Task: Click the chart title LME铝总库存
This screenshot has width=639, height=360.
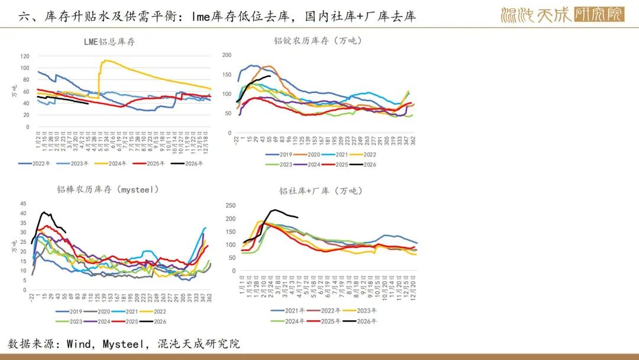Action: click(109, 42)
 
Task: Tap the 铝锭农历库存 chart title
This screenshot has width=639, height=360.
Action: click(318, 41)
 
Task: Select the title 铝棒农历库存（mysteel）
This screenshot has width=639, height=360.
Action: click(108, 189)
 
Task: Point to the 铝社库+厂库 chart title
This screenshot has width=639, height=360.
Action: click(321, 191)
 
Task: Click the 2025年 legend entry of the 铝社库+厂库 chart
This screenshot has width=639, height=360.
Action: click(329, 321)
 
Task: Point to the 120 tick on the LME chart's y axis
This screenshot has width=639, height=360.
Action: click(24, 56)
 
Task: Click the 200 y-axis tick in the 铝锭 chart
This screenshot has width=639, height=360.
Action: click(227, 55)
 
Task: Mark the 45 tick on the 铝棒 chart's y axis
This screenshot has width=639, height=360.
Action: click(24, 203)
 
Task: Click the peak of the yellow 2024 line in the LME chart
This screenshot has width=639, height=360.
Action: click(105, 60)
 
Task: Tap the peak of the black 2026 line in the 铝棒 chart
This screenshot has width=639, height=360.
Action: click(43, 212)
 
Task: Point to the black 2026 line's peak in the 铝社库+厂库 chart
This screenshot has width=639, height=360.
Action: click(275, 210)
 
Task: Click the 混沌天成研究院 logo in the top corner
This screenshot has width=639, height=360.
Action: click(562, 14)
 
